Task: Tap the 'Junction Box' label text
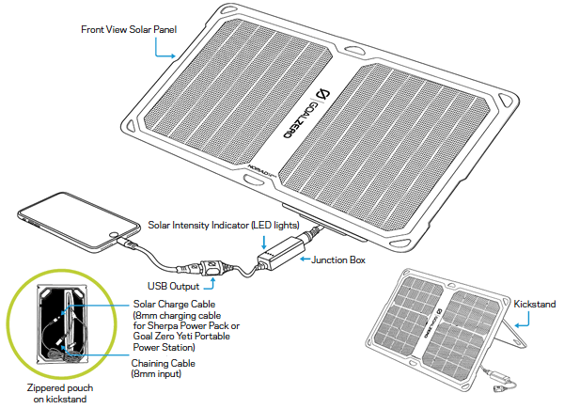[x=338, y=260]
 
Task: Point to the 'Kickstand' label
[x=535, y=304]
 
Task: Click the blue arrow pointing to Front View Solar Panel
[x=169, y=49]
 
